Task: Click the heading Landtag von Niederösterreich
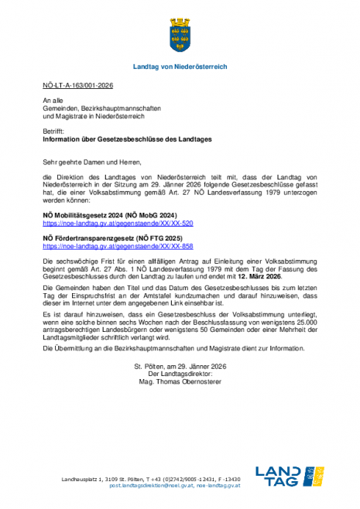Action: click(x=180, y=67)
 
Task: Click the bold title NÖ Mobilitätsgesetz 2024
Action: click(x=110, y=214)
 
